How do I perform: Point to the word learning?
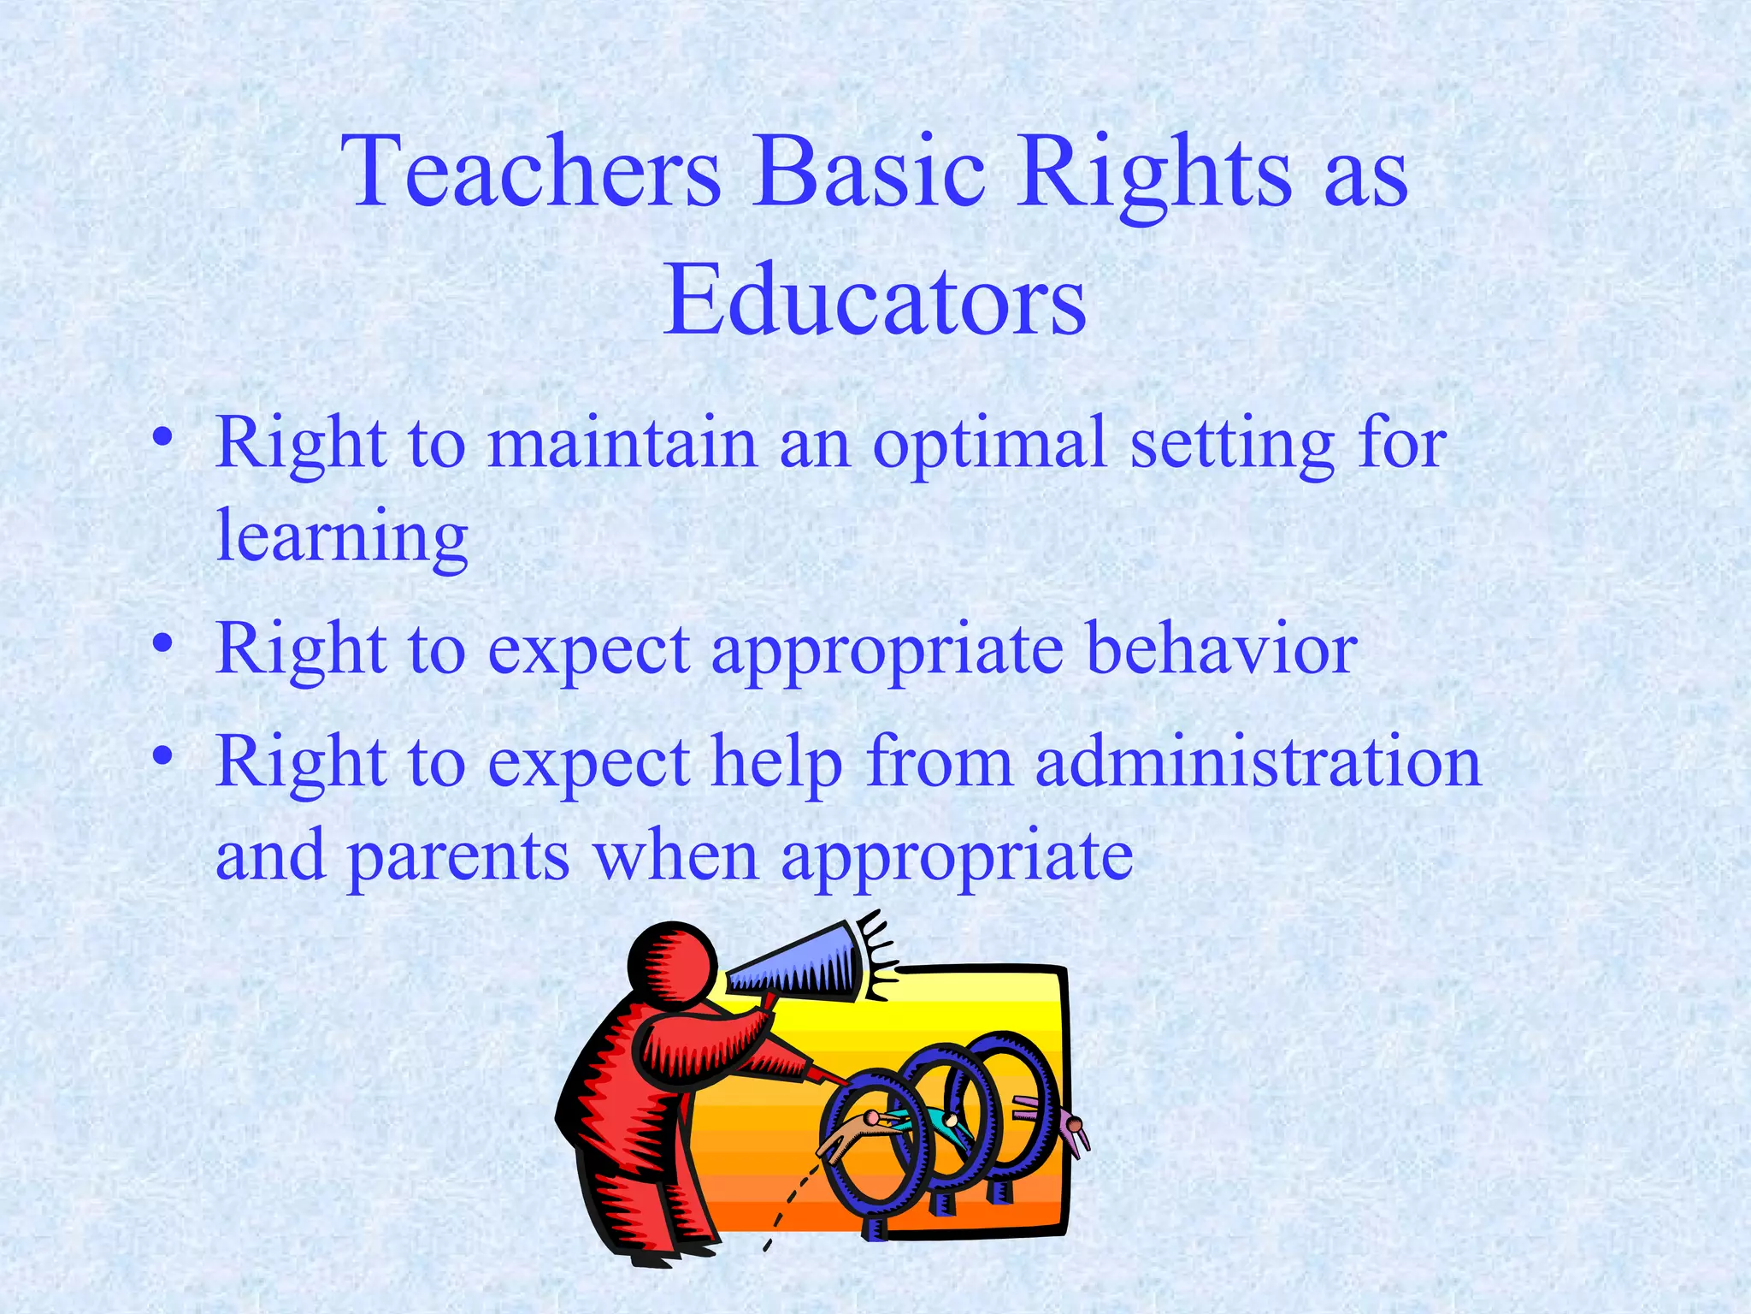[342, 537]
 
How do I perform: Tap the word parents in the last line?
[458, 857]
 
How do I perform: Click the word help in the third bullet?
[777, 763]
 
